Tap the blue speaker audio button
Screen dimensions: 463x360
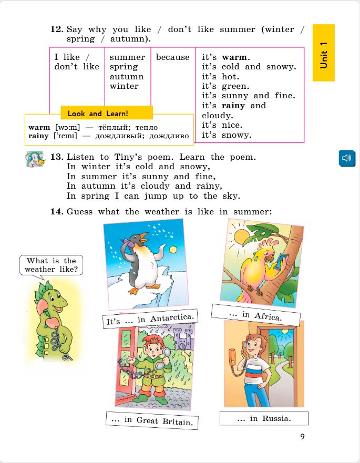tap(346, 158)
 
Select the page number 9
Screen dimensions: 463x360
tap(302, 436)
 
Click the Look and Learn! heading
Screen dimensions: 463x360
tap(98, 114)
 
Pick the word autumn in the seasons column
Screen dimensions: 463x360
tap(127, 77)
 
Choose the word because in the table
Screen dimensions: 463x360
tap(172, 57)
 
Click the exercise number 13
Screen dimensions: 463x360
tap(57, 157)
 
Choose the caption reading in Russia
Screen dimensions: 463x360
tap(263, 419)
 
